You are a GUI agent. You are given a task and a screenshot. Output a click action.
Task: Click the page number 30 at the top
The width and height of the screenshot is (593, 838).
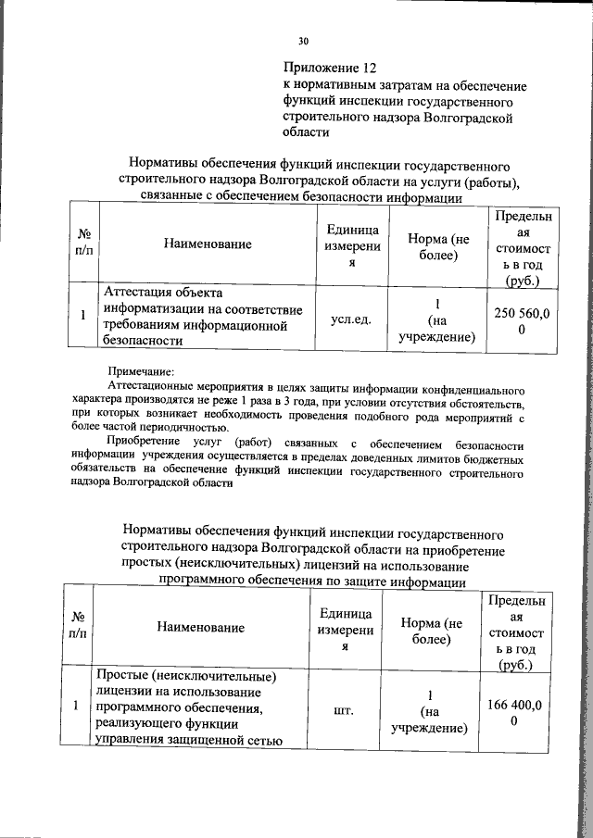click(x=303, y=41)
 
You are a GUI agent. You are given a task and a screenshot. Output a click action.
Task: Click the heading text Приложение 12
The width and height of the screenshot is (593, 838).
click(x=330, y=69)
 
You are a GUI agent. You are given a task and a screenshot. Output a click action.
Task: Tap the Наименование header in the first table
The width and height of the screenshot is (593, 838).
click(x=208, y=244)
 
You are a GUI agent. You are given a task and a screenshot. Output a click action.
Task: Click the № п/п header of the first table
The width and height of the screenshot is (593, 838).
click(x=83, y=244)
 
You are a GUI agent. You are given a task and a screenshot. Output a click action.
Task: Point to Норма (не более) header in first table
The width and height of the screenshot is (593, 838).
click(x=438, y=245)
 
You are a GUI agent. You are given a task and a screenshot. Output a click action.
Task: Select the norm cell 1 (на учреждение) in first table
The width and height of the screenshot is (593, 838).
click(x=436, y=320)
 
